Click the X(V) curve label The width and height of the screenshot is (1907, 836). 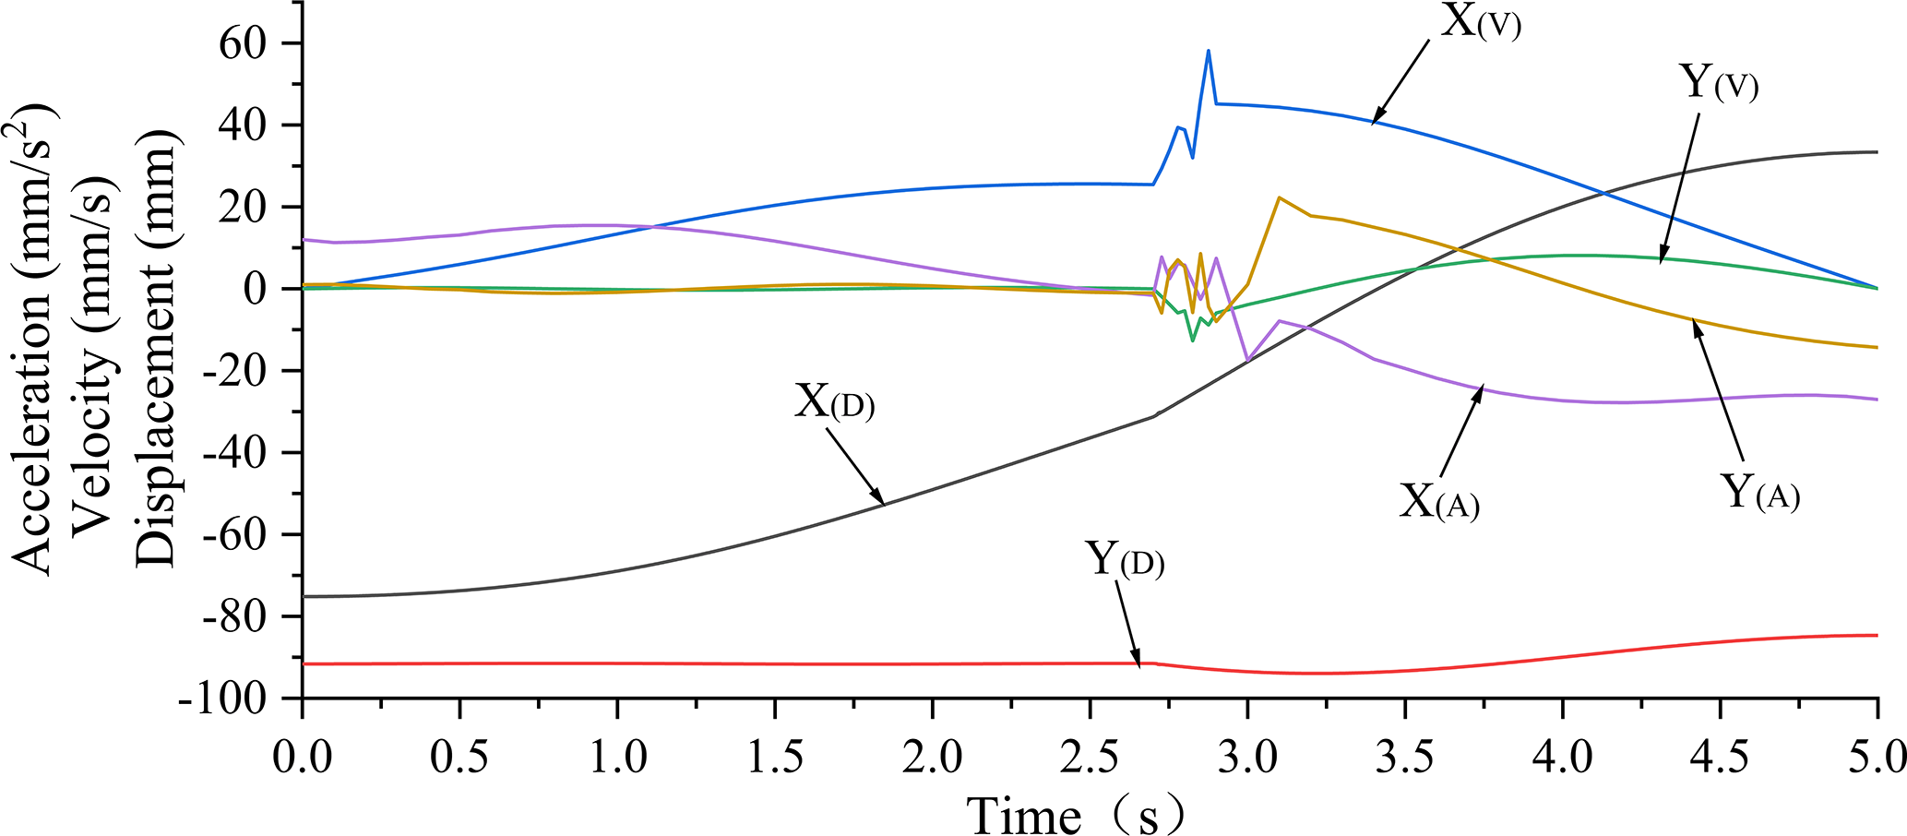click(1480, 22)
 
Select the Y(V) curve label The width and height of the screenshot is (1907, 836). click(1717, 84)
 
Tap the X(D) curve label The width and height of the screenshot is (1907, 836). click(834, 404)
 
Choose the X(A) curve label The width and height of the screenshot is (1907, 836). click(1438, 502)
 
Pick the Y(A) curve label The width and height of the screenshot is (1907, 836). click(1759, 492)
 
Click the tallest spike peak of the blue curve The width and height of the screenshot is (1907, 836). click(1208, 51)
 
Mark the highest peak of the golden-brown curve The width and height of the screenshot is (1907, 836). click(1279, 197)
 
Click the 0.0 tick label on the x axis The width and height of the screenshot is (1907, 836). click(302, 758)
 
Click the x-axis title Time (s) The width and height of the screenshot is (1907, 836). click(1075, 814)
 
